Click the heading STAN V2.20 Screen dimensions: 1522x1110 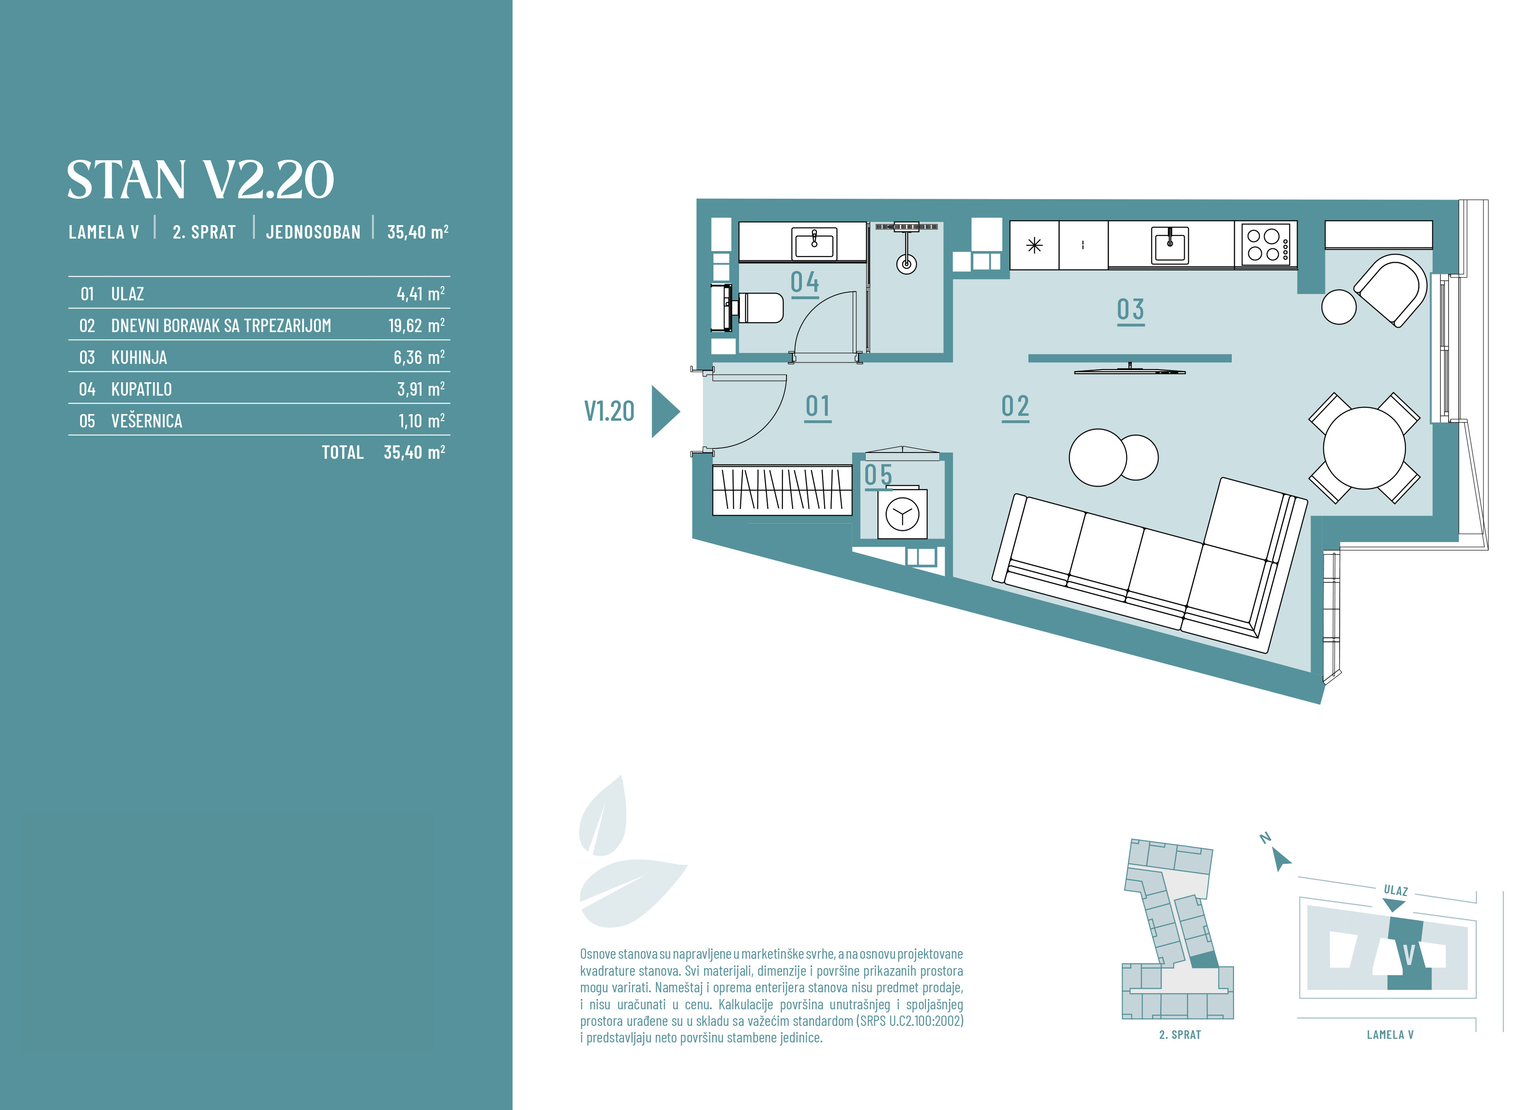click(x=200, y=179)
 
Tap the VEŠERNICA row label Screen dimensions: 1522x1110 click(x=146, y=421)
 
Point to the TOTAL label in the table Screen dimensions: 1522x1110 click(x=342, y=452)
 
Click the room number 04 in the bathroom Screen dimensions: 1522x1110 click(x=805, y=282)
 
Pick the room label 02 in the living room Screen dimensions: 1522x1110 click(x=1015, y=406)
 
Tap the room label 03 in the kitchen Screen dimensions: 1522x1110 click(x=1131, y=310)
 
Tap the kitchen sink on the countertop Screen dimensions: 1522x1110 click(x=1170, y=244)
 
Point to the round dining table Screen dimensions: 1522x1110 click(x=1364, y=448)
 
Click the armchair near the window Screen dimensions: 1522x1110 click(x=1392, y=290)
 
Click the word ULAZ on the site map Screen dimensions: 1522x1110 click(x=1396, y=890)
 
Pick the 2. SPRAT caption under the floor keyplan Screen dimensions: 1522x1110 click(x=1180, y=1035)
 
